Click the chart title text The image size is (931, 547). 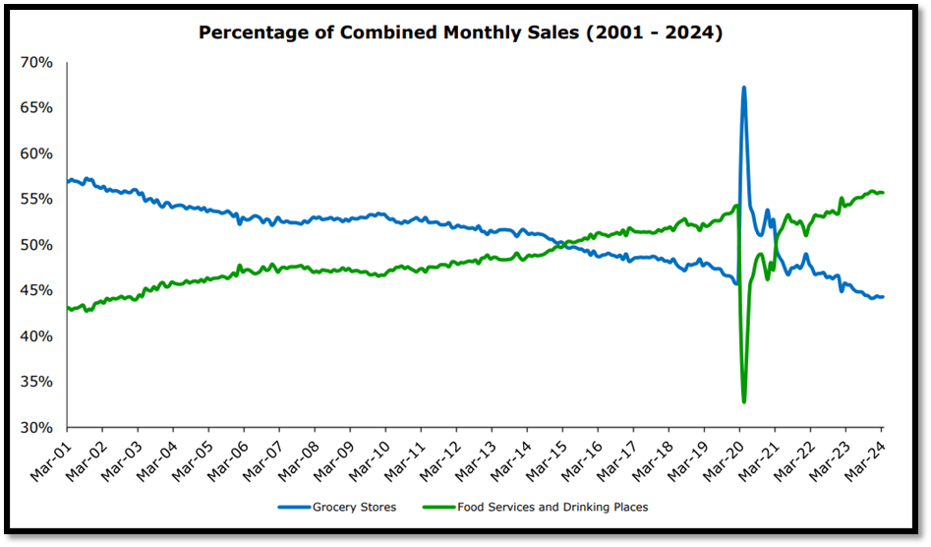click(461, 32)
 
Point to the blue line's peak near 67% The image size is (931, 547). click(743, 88)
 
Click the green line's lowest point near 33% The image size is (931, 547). click(743, 401)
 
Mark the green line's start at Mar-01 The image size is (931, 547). click(68, 308)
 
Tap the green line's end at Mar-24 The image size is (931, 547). click(882, 193)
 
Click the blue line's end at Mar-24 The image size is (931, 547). click(882, 297)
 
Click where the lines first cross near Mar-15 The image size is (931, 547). click(562, 244)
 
